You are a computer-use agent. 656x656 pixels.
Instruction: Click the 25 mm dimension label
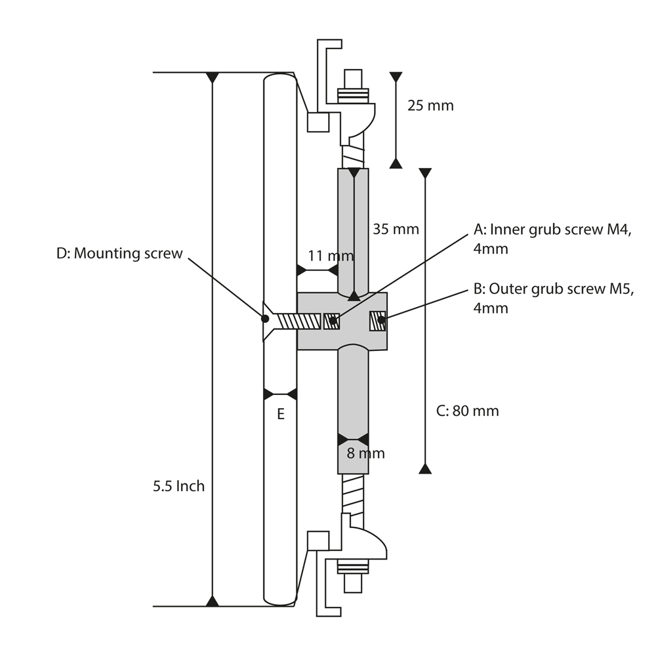pos(430,105)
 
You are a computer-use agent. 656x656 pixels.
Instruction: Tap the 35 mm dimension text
pos(396,229)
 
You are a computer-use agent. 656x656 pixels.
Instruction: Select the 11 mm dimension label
pos(330,255)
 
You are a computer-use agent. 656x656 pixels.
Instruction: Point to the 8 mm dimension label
pos(365,453)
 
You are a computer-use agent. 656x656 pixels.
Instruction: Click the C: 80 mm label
pos(467,411)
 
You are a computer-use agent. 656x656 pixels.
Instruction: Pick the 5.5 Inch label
pos(178,487)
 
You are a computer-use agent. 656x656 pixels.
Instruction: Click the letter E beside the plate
pos(281,414)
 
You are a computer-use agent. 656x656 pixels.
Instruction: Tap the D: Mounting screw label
pos(119,254)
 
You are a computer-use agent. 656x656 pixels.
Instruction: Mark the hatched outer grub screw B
pos(379,321)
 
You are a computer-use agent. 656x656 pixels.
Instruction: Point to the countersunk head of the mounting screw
pos(268,321)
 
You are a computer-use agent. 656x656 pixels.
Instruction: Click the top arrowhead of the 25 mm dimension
pos(396,77)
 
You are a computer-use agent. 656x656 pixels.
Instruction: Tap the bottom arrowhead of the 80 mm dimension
pos(425,468)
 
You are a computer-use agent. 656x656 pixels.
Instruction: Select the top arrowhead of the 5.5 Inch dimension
pos(212,78)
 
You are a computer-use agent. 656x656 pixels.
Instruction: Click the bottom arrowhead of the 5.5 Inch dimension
pos(212,600)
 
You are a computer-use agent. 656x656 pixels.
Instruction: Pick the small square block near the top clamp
pos(318,122)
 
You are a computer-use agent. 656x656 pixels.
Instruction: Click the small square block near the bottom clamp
pos(318,541)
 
